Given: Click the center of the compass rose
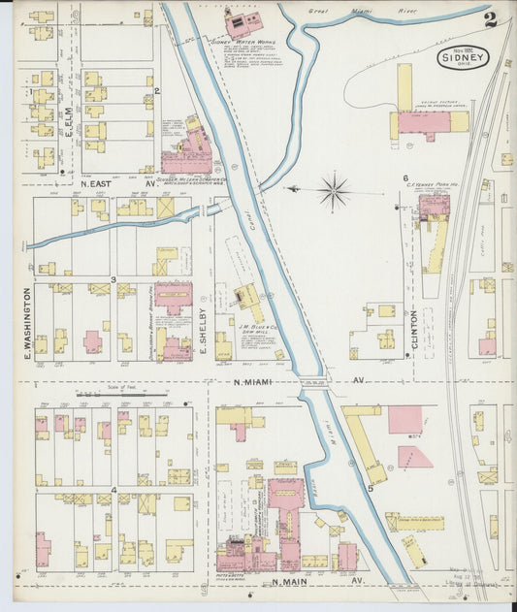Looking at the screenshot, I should [334, 190].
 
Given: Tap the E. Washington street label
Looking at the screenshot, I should [27, 325].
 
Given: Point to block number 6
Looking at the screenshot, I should [405, 178].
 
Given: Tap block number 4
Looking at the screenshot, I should [114, 490].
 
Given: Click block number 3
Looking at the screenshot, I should [113, 280].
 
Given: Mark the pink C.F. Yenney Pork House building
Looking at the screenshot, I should [433, 207].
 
